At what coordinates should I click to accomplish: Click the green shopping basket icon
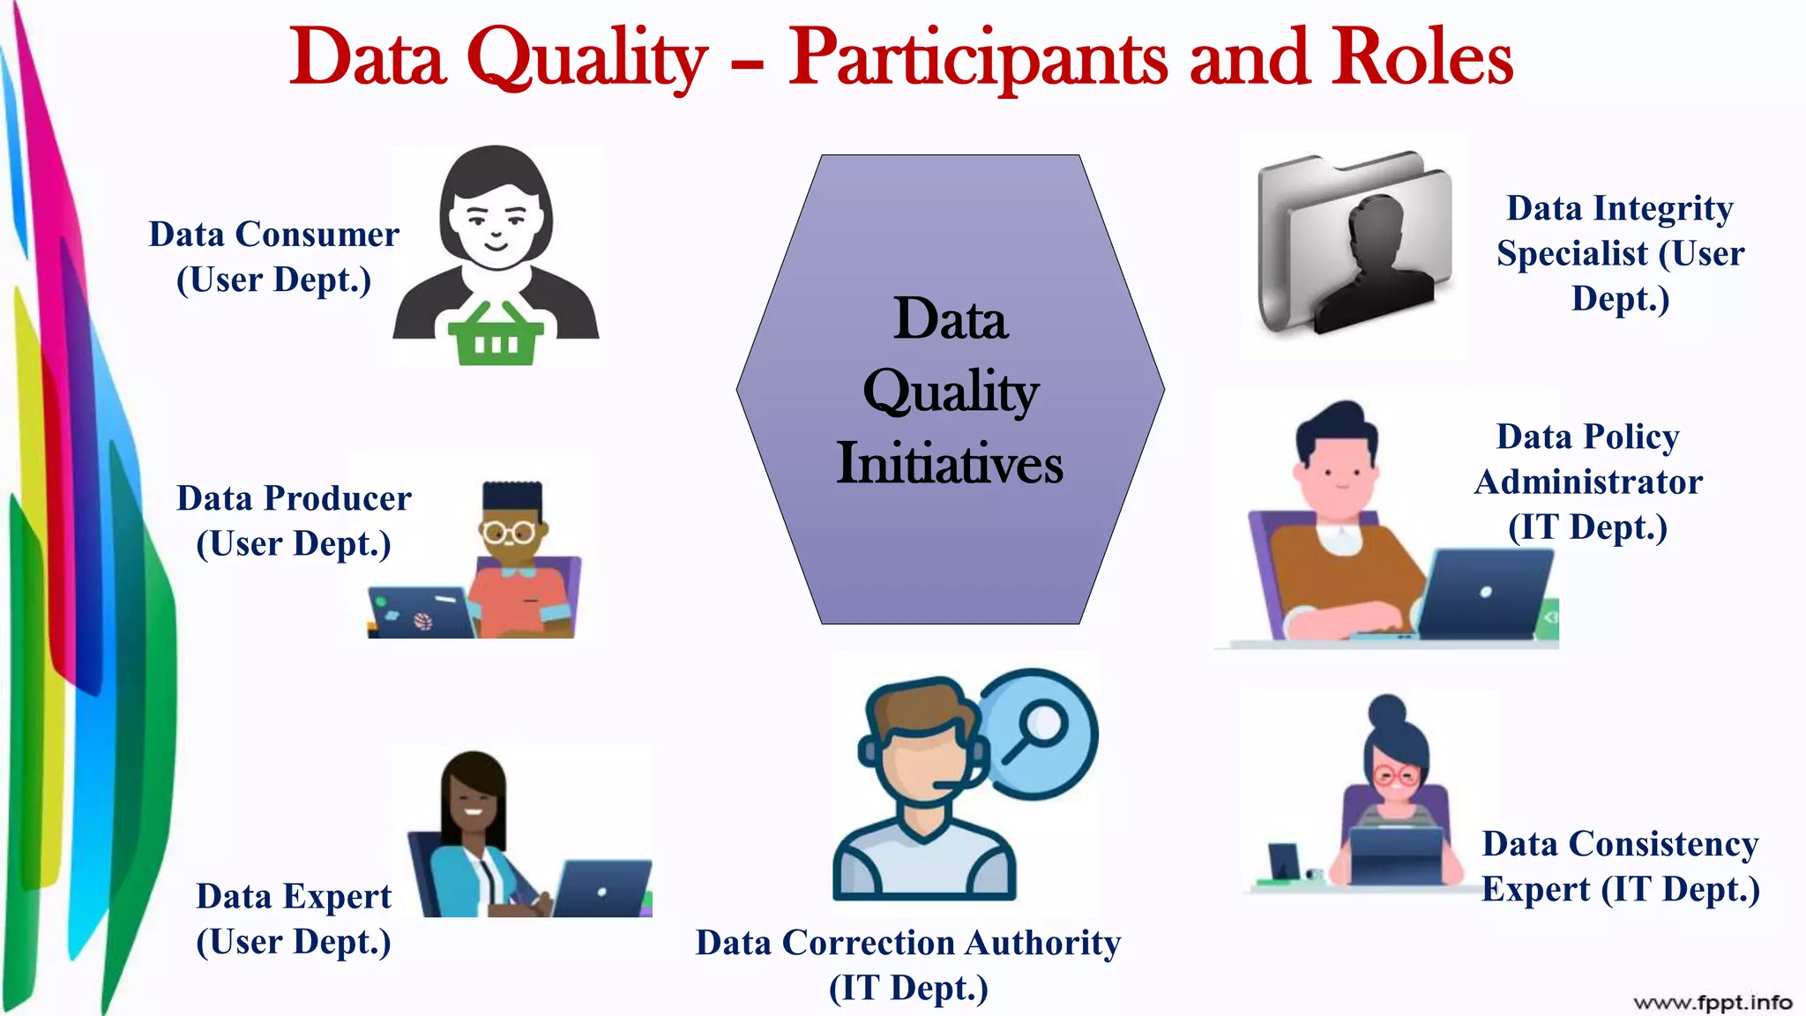[x=496, y=334]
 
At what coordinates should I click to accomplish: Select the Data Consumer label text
[x=273, y=257]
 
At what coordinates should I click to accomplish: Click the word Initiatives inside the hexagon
[x=950, y=463]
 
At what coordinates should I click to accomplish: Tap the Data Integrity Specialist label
[x=1620, y=253]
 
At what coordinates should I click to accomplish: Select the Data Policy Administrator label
[x=1588, y=482]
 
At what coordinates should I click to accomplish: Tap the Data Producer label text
[x=294, y=520]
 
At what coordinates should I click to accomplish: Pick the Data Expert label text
[x=294, y=918]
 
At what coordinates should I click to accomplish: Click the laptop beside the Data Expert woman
[x=602, y=887]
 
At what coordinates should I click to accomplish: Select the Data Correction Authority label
[x=908, y=965]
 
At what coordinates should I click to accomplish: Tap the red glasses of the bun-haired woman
[x=1396, y=776]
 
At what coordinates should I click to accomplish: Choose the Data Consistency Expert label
[x=1620, y=866]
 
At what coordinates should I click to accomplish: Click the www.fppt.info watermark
[x=1712, y=1002]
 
